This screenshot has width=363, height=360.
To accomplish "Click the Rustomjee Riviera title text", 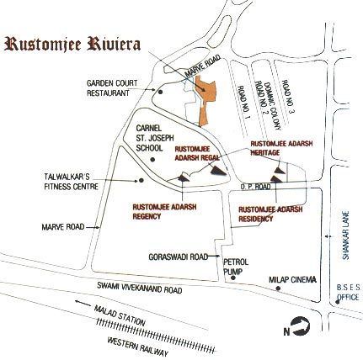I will coord(72,45).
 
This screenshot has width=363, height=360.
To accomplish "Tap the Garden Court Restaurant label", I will coord(108,87).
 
